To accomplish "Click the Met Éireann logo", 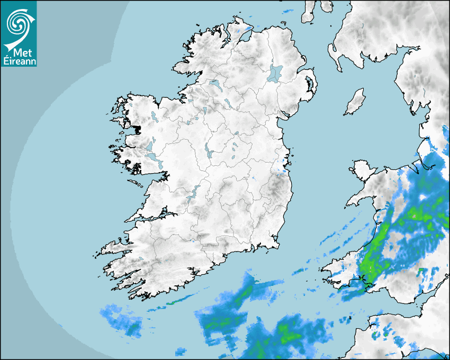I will [19, 33].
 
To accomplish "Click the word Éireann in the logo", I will [19, 61].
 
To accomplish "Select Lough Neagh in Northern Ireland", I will [275, 73].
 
